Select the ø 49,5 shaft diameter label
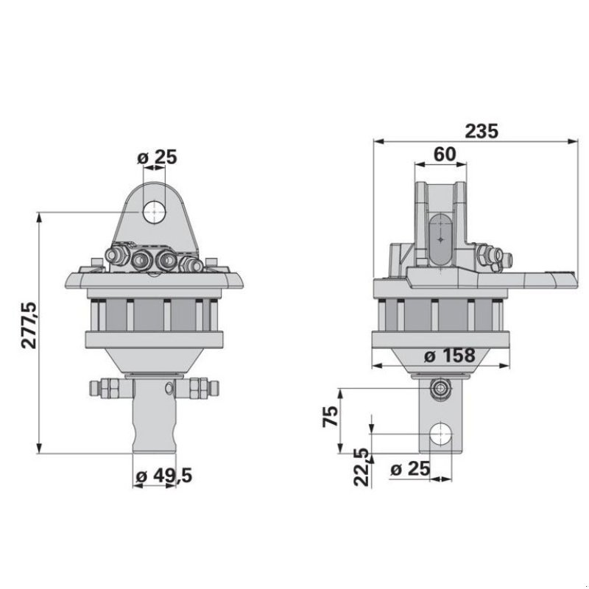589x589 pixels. (164, 476)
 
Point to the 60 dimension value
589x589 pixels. (443, 155)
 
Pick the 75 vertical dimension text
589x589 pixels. (331, 417)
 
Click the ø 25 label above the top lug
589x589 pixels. (158, 156)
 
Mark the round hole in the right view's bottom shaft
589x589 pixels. (441, 434)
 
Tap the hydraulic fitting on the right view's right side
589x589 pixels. (492, 257)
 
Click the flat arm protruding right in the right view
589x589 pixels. (541, 278)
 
